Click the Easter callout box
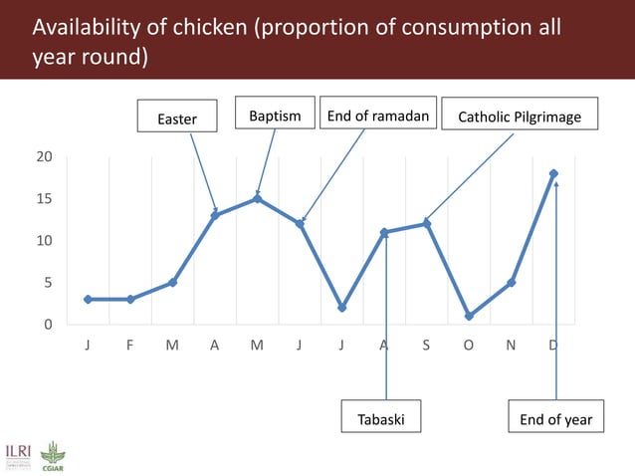tap(178, 119)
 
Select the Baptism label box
tap(275, 116)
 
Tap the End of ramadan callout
tap(378, 116)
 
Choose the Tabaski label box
tap(380, 419)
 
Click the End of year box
tap(556, 419)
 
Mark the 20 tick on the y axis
tap(45, 157)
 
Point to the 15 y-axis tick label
tap(45, 199)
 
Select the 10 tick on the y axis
tap(45, 241)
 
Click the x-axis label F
tap(130, 346)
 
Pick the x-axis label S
tap(426, 346)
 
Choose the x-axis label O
tap(469, 346)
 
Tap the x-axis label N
tap(511, 346)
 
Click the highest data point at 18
tap(553, 173)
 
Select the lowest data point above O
tap(469, 317)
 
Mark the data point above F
tap(130, 299)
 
